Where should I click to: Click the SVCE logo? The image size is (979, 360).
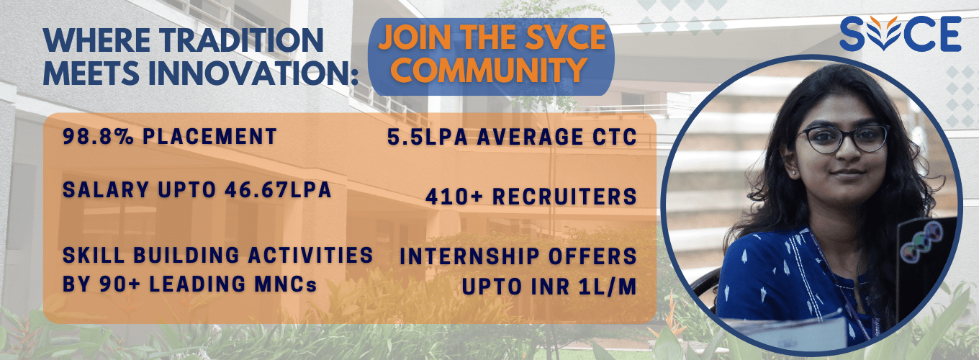coord(901,34)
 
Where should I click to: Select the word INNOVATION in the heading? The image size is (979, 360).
coord(254,73)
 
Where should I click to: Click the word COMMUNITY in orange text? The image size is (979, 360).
coord(488,69)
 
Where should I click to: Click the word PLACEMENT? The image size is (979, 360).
coord(209,136)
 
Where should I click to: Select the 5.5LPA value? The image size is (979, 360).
coord(428,138)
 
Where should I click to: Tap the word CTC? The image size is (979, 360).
coord(615,138)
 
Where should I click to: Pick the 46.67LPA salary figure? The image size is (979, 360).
coord(278,190)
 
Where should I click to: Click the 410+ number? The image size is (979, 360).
coord(454,197)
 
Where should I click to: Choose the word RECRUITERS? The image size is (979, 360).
coord(564,197)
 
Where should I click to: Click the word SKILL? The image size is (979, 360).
coord(94,256)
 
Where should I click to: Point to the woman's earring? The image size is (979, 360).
coord(794,174)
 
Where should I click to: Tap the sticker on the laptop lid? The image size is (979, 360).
coord(921,242)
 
